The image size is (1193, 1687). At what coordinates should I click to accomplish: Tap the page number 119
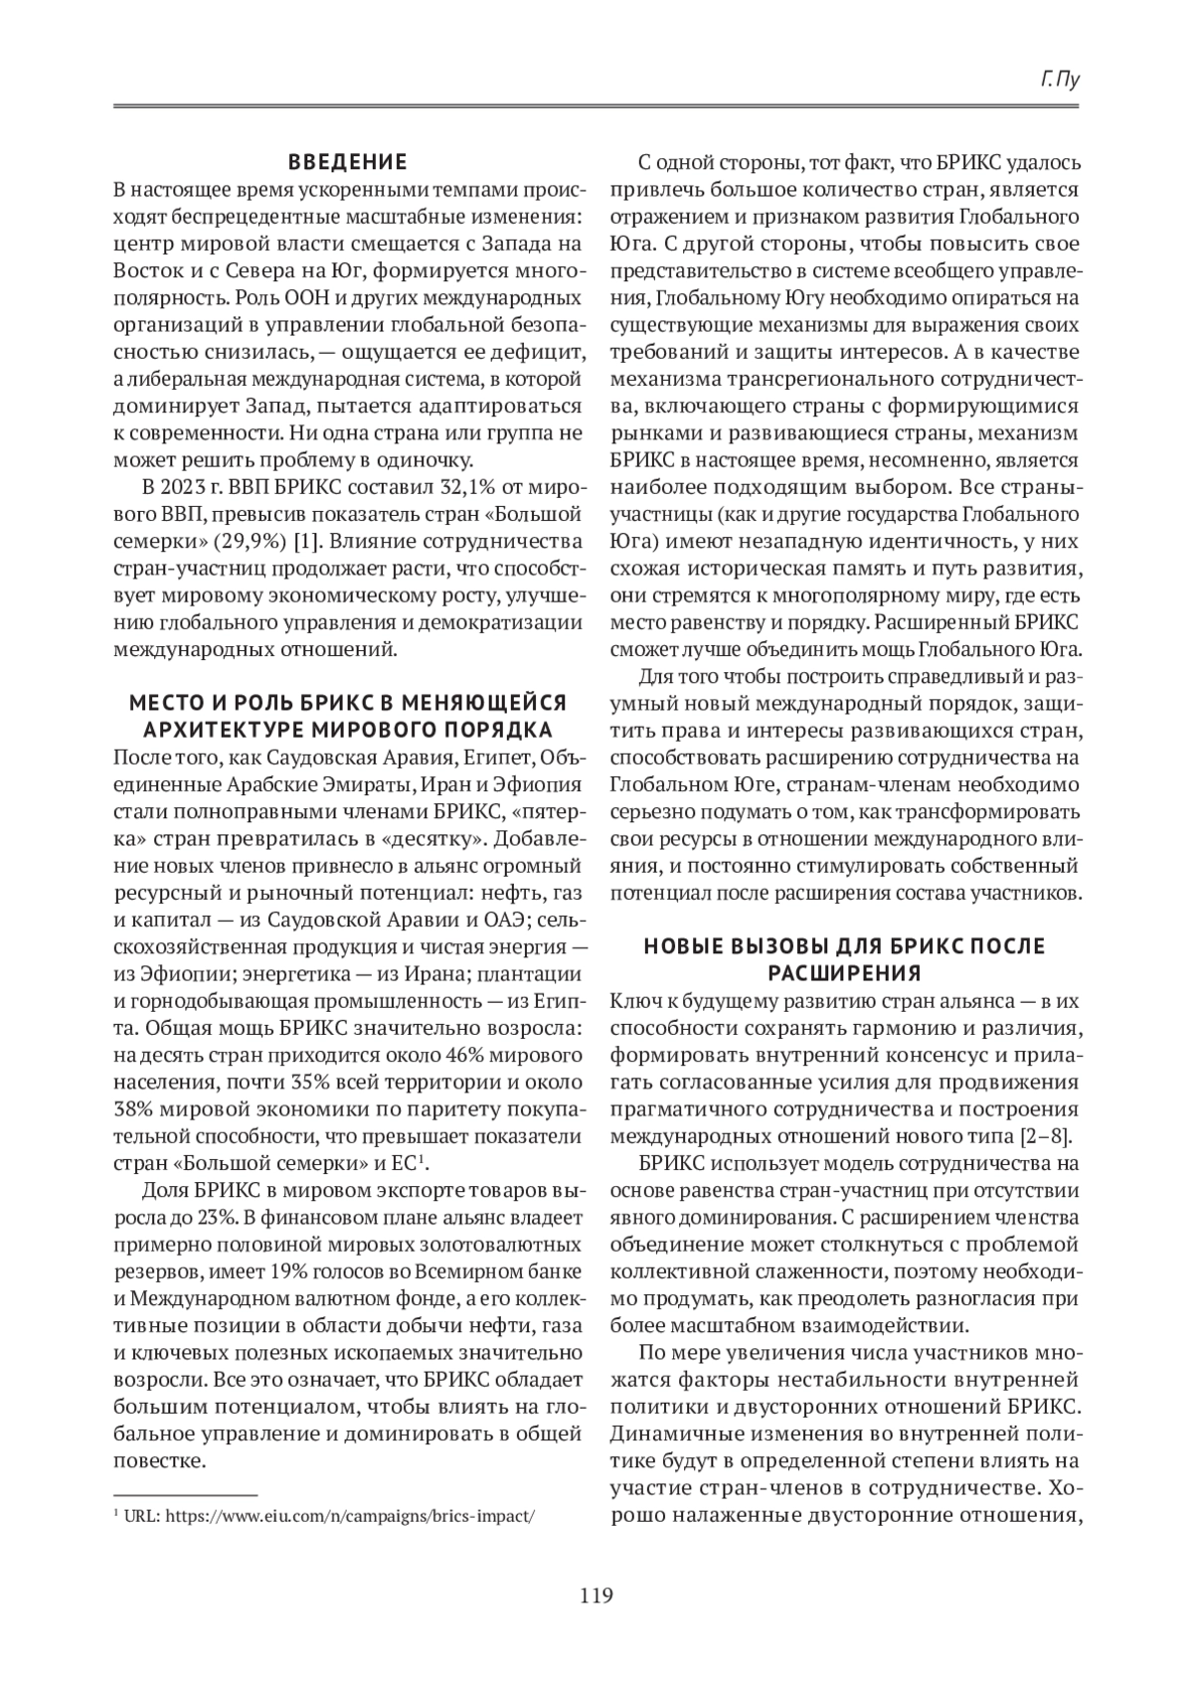click(x=596, y=1596)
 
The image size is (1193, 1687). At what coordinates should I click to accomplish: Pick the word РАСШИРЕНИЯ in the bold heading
click(x=845, y=971)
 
